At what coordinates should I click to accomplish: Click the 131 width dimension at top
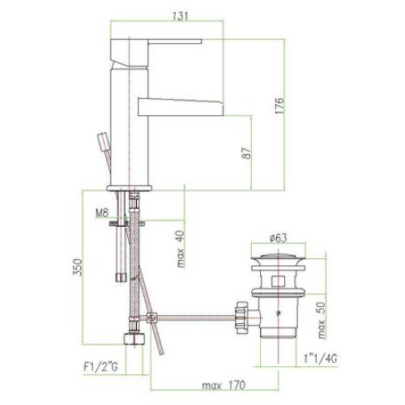pos(180,15)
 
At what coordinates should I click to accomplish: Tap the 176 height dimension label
pos(280,106)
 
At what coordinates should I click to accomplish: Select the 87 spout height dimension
pos(246,153)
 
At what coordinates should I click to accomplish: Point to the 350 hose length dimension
pos(78,267)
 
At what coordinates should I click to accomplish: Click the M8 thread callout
pos(102,213)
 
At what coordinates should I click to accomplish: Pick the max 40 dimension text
pos(181,249)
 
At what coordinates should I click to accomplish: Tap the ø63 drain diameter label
pos(279,238)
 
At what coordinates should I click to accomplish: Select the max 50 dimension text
pos(322,320)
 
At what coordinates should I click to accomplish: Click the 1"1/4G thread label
pos(320,359)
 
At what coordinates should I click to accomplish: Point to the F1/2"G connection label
pos(100,367)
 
